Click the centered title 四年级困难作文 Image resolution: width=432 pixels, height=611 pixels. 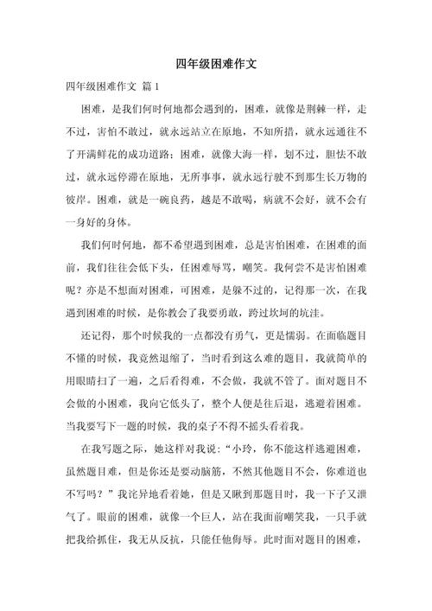pos(216,63)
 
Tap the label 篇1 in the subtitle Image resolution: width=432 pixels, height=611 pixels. pos(154,87)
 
